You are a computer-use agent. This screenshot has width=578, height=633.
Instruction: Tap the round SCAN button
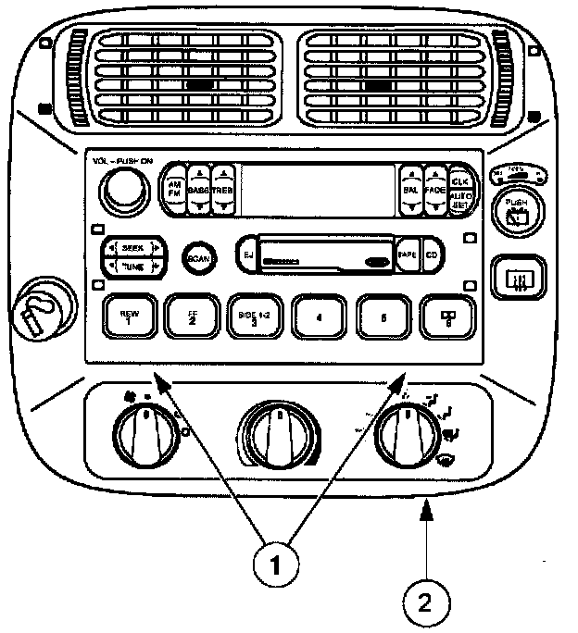pyautogui.click(x=197, y=259)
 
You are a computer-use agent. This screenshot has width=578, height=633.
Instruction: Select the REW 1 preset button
pyautogui.click(x=129, y=318)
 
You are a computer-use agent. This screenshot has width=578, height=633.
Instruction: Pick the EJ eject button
pyautogui.click(x=247, y=253)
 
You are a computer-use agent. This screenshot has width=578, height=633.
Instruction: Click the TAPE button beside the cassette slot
pyautogui.click(x=408, y=254)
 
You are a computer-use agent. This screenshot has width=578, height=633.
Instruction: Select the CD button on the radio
pyautogui.click(x=433, y=254)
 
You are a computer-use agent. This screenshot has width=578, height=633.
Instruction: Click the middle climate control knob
pyautogui.click(x=281, y=433)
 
